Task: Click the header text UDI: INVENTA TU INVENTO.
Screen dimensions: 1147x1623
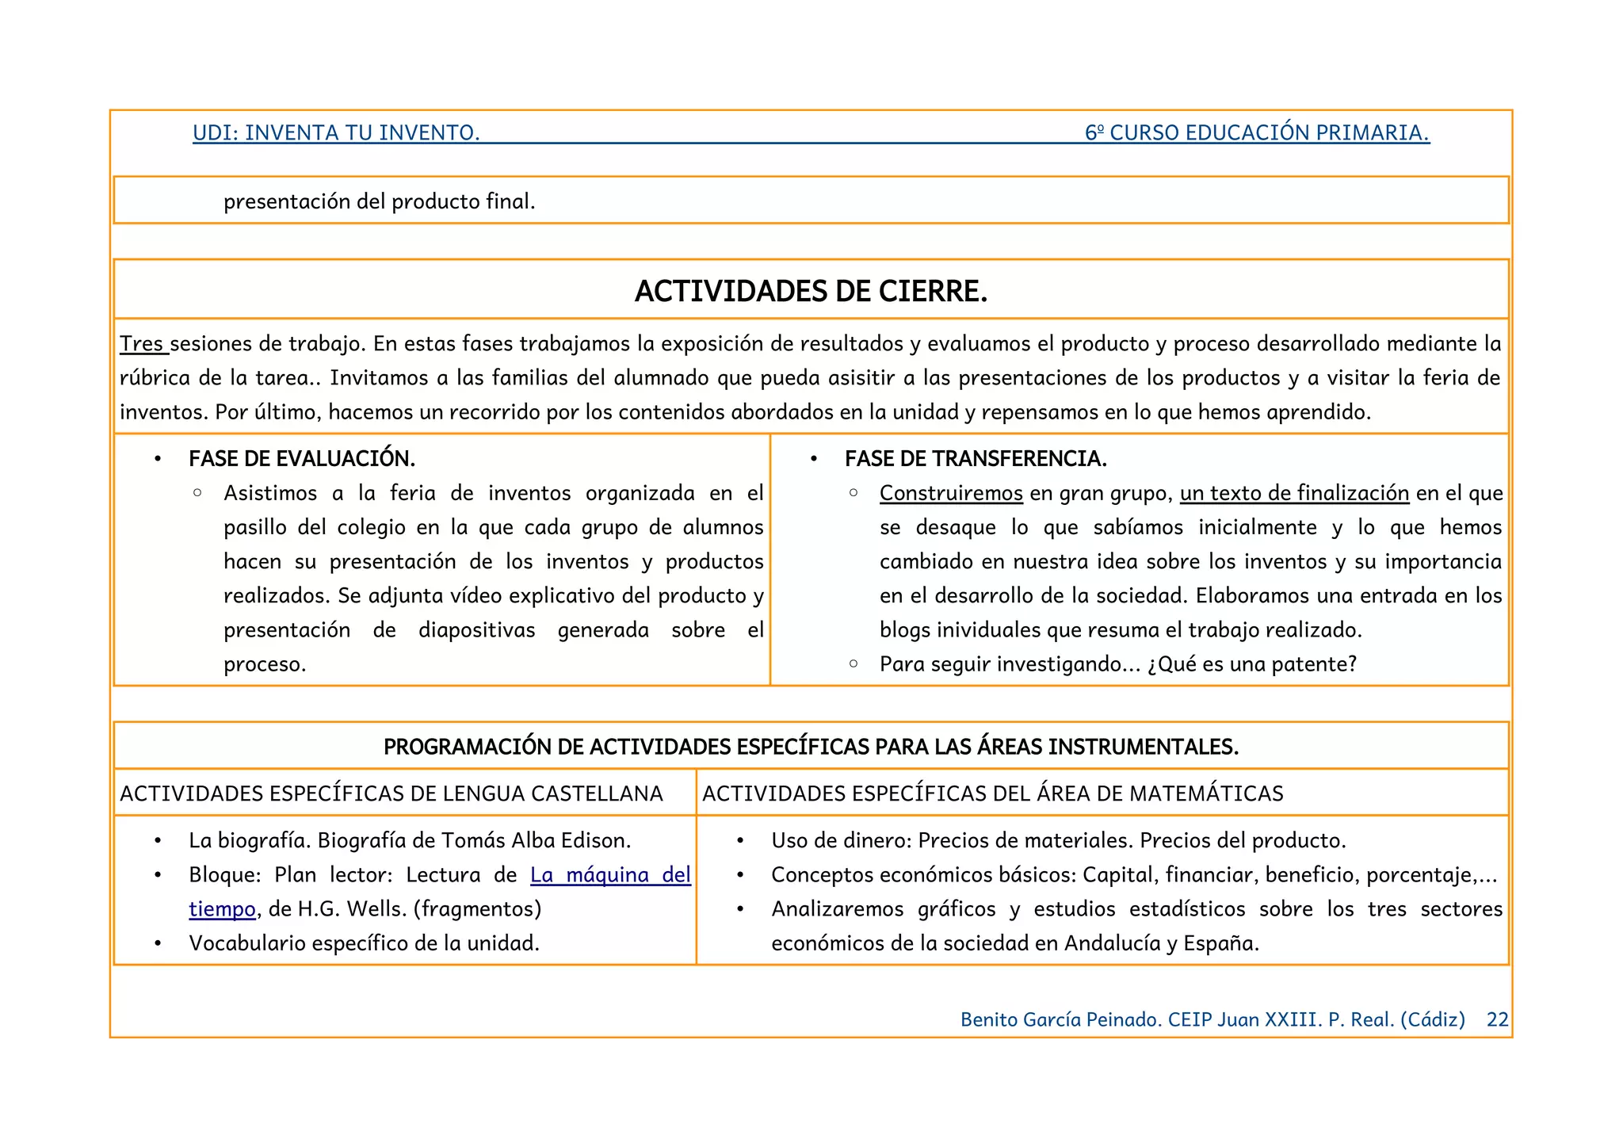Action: (x=336, y=132)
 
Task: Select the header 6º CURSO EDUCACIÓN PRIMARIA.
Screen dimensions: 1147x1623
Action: (x=1257, y=132)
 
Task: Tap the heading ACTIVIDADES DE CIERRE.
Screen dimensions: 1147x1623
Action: (x=811, y=292)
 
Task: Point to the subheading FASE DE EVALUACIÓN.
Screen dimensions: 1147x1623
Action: (x=302, y=459)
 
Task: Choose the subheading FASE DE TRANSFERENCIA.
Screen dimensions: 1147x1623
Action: (x=976, y=459)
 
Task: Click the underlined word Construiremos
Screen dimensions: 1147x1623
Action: (x=951, y=493)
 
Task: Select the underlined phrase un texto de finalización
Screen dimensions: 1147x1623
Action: (x=1294, y=493)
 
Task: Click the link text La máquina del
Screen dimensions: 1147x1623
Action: (x=610, y=875)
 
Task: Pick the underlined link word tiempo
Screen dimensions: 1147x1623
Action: (x=222, y=909)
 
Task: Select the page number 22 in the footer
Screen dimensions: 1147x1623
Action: (x=1497, y=1019)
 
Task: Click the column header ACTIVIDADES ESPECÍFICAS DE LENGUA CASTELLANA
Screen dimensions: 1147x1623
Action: (x=391, y=793)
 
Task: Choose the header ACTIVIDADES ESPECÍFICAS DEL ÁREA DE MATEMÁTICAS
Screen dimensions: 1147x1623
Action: (x=992, y=793)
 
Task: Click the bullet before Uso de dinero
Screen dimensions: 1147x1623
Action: (x=739, y=841)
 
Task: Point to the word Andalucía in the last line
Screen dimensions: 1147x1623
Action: (x=1112, y=943)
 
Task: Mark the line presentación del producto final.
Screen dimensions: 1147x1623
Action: (x=379, y=201)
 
